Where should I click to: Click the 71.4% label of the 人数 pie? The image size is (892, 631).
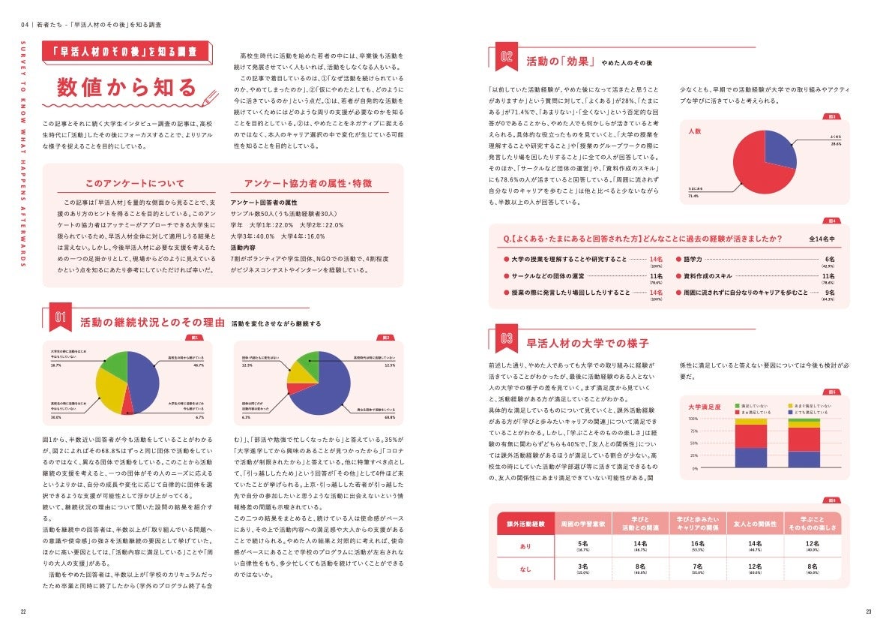pos(693,196)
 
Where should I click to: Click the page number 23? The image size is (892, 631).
pos(869,611)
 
